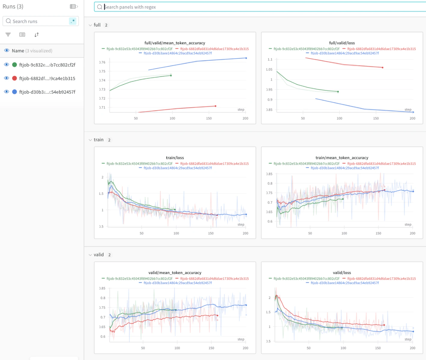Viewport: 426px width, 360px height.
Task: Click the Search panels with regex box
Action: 258,7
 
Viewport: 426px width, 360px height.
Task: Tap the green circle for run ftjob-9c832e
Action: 14,65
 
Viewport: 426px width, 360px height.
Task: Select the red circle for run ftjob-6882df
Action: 14,78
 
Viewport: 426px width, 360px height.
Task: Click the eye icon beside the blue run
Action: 6,92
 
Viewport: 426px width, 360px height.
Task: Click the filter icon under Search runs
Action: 8,35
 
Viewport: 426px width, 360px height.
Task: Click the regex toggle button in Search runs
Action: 73,21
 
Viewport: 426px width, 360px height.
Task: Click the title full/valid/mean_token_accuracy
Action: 175,43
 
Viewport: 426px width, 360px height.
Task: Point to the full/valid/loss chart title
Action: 342,43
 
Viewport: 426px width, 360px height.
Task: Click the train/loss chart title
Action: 175,158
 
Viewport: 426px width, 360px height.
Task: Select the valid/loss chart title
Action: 342,273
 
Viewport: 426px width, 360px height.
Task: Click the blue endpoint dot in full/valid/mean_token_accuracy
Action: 246,58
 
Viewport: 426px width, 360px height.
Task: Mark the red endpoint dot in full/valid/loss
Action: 382,68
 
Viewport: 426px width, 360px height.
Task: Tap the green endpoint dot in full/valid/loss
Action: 338,92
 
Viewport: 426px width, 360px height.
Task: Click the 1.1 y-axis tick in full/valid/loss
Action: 270,59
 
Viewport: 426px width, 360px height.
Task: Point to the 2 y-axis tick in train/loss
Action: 102,177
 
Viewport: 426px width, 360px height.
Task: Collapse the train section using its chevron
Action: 90,140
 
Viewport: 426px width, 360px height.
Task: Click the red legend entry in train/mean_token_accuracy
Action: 381,164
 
